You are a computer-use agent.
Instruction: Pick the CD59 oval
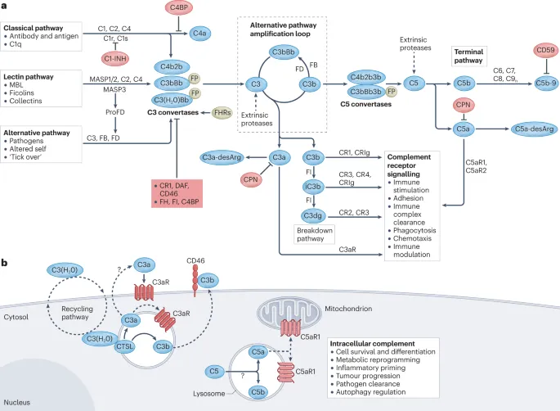click(x=529, y=52)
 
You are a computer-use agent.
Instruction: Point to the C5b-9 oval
click(x=529, y=84)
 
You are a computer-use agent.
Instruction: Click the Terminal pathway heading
click(x=470, y=56)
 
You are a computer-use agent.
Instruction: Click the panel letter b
click(x=6, y=262)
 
